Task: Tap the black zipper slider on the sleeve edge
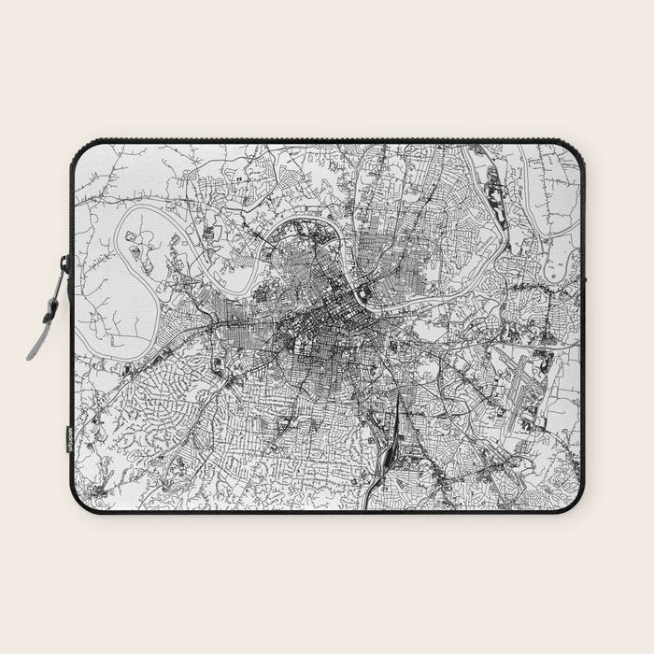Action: [x=66, y=267]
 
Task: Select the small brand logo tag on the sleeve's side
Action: [x=68, y=438]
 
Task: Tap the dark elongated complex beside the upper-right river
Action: [x=496, y=201]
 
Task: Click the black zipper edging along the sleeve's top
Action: [x=327, y=141]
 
